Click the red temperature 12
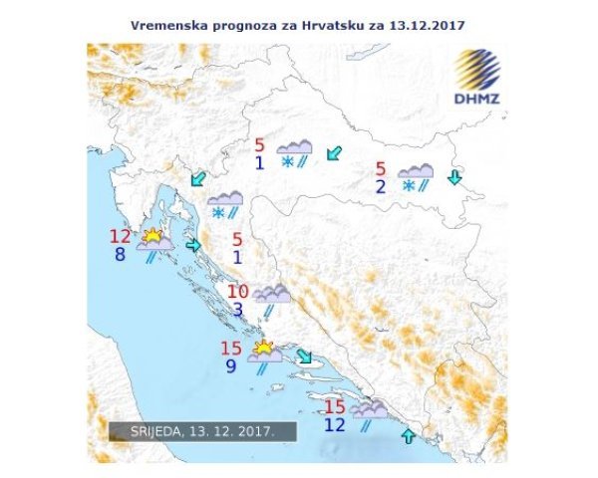122,237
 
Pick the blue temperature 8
122,255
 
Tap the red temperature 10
237,292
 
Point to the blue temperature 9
231,365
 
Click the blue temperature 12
335,425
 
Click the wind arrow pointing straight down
454,177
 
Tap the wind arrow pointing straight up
407,436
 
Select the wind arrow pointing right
193,245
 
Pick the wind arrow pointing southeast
304,358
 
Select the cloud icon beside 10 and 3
271,294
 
